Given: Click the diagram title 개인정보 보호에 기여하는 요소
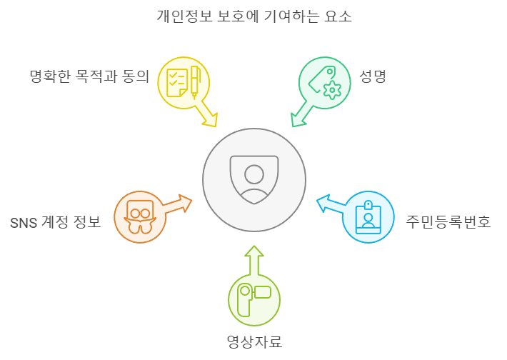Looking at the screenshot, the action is pos(254,16).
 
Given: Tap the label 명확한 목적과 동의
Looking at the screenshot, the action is pos(89,76).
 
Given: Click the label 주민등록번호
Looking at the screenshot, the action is pos(448,221).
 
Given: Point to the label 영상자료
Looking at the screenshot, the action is pos(254,341).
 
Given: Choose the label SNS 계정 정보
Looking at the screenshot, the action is pos(55,222).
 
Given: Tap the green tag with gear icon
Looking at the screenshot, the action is pos(324,82).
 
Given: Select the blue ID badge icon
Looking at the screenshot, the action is pos(368,217).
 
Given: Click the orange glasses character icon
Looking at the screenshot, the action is pos(140,216).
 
